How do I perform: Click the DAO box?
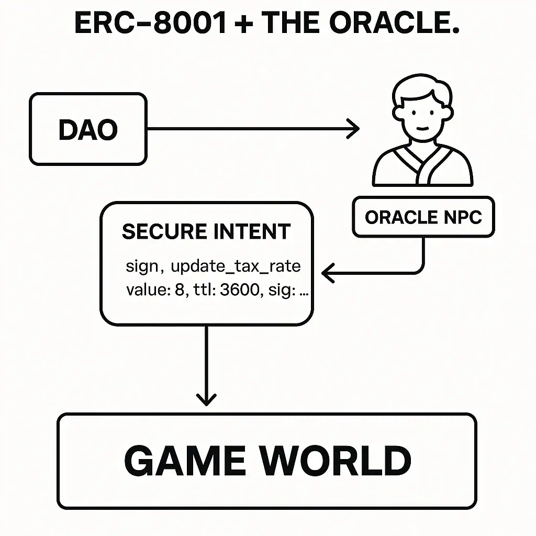click(88, 129)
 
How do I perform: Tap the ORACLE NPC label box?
click(423, 217)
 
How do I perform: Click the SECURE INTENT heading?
click(206, 232)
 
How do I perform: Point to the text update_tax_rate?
click(236, 267)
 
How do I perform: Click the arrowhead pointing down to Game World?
click(206, 399)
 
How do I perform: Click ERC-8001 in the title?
click(151, 24)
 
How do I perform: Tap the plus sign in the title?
click(245, 24)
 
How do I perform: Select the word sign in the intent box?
click(141, 267)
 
